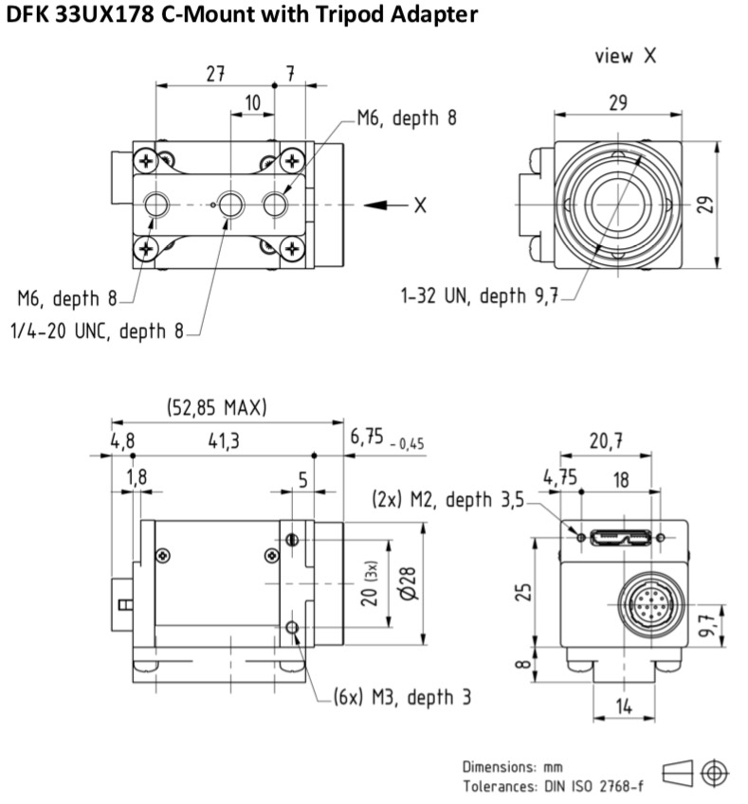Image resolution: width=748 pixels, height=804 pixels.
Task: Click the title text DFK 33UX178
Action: coord(80,14)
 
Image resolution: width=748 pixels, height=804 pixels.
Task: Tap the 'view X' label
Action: coord(626,55)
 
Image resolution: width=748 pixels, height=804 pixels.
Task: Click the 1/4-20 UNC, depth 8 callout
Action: coord(97,331)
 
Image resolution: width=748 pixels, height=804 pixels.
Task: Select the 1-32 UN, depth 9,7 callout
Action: coord(479,295)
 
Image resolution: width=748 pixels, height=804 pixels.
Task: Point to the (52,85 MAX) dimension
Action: coord(217,407)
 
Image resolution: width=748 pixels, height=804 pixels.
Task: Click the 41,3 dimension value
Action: coord(224,440)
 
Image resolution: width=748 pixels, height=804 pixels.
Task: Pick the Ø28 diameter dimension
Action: coord(410,583)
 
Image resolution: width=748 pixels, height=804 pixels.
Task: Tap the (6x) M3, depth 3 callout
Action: coord(402,697)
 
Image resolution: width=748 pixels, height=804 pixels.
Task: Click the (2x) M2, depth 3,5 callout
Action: coord(447,499)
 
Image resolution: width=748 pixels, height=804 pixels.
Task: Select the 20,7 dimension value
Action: coord(607,440)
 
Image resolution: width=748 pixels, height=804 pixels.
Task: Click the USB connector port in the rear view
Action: coord(621,538)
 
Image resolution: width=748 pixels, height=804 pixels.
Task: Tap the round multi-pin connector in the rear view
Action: coord(651,604)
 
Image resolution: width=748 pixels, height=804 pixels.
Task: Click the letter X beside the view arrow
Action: coord(421,205)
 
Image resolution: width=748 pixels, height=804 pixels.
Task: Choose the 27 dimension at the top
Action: coord(215,74)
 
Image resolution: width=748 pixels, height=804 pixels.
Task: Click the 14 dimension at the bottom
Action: coord(624,706)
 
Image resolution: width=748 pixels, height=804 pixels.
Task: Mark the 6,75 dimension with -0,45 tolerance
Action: coord(387,438)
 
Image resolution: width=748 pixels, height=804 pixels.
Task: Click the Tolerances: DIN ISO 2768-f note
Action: coord(553,786)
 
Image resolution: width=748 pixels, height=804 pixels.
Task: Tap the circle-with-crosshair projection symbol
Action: coord(715,772)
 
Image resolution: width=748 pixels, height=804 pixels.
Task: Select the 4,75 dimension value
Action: coord(560,477)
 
